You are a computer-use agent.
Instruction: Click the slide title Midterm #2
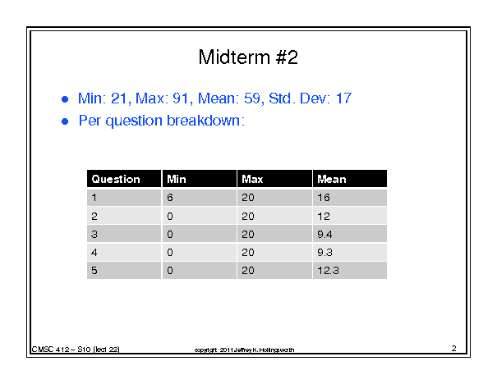tap(248, 57)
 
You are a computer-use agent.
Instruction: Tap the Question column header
tap(116, 179)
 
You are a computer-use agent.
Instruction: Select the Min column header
tap(177, 179)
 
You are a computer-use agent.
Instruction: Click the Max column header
tap(252, 179)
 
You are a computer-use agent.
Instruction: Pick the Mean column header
tap(332, 179)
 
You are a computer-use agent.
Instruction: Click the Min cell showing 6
tap(170, 198)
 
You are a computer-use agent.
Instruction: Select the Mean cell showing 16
tap(324, 198)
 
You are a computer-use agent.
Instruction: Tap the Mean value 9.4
tap(324, 235)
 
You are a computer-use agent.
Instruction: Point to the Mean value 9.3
tap(324, 252)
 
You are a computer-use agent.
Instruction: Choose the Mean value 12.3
tap(328, 270)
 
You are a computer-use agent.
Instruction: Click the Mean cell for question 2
tap(324, 217)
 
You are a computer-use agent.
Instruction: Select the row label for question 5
tap(94, 270)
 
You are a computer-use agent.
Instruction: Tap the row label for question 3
tap(94, 235)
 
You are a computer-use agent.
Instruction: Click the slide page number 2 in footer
tap(454, 348)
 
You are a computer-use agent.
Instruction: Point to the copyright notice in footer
tap(244, 350)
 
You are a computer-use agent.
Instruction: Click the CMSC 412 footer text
tap(76, 350)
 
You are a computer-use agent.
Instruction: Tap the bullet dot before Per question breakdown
tap(65, 121)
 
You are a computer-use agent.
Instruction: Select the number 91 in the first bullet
tap(181, 98)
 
